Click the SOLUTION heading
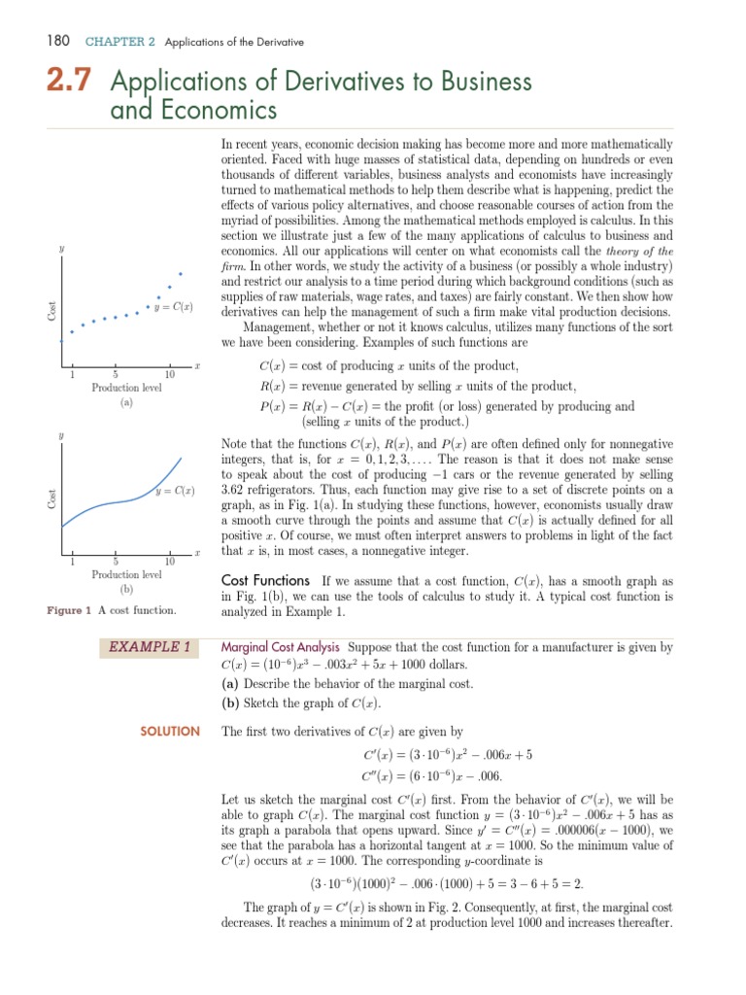(x=170, y=731)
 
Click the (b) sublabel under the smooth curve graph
(x=126, y=589)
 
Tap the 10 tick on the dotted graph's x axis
(x=169, y=375)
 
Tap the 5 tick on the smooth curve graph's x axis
(x=116, y=562)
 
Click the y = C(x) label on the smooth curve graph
(x=175, y=492)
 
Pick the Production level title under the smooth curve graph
(x=126, y=574)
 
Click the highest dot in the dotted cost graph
(x=181, y=274)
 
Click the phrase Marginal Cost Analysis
(x=281, y=646)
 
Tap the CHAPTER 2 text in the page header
(x=120, y=42)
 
